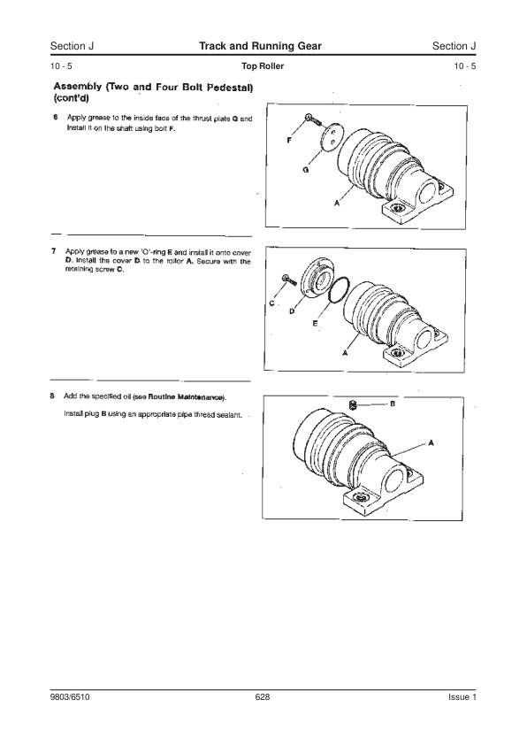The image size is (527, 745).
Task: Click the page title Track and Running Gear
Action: pyautogui.click(x=260, y=46)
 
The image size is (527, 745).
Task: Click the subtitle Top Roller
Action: pyautogui.click(x=263, y=66)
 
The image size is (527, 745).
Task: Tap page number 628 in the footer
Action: pyautogui.click(x=263, y=697)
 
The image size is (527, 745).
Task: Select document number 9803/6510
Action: pyautogui.click(x=70, y=697)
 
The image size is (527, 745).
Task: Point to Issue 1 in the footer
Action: pyautogui.click(x=462, y=697)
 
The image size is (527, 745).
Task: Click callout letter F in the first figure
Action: pyautogui.click(x=289, y=140)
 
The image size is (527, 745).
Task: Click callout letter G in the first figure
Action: pyautogui.click(x=306, y=169)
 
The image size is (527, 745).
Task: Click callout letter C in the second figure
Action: pyautogui.click(x=271, y=303)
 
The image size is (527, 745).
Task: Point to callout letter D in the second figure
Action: pyautogui.click(x=292, y=311)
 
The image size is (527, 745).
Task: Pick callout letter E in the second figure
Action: pyautogui.click(x=315, y=324)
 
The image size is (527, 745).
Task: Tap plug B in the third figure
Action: pyautogui.click(x=352, y=405)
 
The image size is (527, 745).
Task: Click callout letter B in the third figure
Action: pyautogui.click(x=393, y=404)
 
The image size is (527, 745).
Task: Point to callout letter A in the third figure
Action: pyautogui.click(x=432, y=442)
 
